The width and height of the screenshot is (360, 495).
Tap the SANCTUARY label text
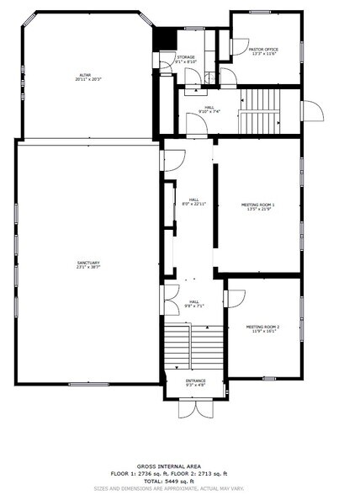pos(88,265)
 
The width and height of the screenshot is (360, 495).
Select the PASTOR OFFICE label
pos(263,51)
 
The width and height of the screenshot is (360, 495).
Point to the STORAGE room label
pos(185,59)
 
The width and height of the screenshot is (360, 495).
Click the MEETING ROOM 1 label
pos(258,206)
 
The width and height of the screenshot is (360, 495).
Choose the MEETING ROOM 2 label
pos(262,328)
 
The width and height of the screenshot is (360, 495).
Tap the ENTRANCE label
pos(193,383)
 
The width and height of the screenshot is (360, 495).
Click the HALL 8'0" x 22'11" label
pos(193,202)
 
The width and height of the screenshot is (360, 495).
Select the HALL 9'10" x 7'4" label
pos(209,109)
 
